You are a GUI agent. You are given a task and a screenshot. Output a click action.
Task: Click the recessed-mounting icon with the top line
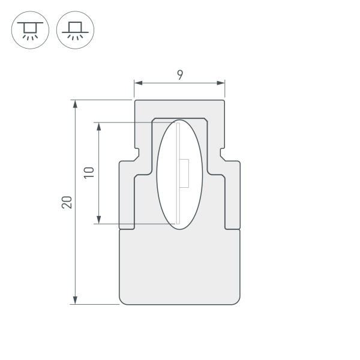tap(29, 29)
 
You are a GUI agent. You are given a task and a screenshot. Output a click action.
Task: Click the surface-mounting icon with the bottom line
tap(75, 29)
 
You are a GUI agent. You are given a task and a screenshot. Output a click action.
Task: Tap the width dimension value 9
tap(180, 74)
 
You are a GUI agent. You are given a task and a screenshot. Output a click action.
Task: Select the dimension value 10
tap(89, 173)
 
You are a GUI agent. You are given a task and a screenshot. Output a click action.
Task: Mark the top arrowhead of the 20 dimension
tap(75, 104)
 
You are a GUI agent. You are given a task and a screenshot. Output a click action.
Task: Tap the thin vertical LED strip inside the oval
tap(178, 174)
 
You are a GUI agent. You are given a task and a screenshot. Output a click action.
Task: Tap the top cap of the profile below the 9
tap(180, 109)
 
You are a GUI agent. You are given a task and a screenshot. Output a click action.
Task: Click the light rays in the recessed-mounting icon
tap(29, 37)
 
